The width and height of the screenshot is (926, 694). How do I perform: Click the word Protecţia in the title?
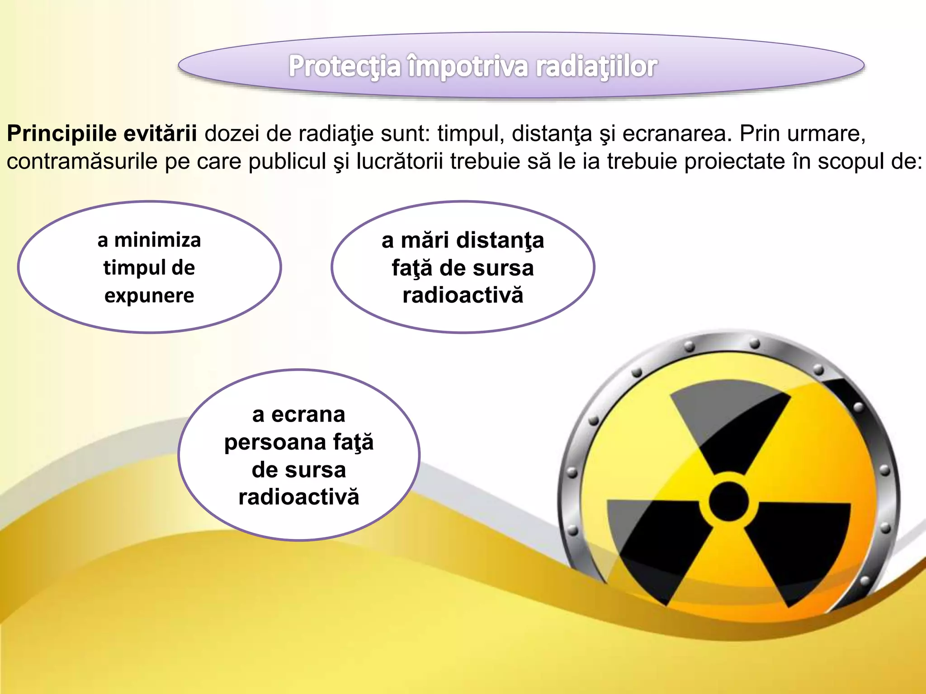pos(345,66)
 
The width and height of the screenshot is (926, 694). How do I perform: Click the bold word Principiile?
pos(61,134)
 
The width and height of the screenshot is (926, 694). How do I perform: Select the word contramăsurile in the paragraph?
pos(81,162)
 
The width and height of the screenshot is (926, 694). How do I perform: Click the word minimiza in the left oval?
pos(157,240)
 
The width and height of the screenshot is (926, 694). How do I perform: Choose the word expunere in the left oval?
pos(149,296)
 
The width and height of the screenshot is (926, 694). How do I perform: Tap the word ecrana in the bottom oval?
pos(308,415)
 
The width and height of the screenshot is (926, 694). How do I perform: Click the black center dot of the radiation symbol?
pos(728,501)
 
